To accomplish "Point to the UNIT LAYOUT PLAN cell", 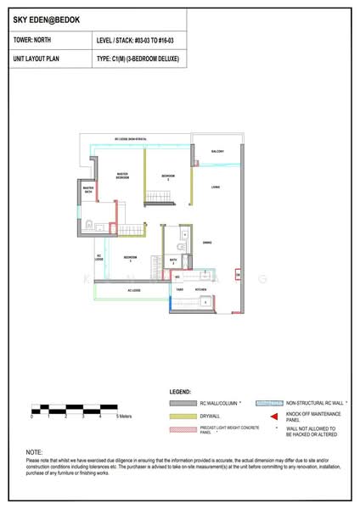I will [42, 58].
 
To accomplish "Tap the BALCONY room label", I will [217, 151].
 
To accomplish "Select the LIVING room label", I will [217, 187].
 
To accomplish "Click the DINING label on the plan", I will [207, 243].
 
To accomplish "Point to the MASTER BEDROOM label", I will [122, 176].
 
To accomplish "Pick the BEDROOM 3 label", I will [128, 258].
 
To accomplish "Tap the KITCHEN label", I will [200, 290].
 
